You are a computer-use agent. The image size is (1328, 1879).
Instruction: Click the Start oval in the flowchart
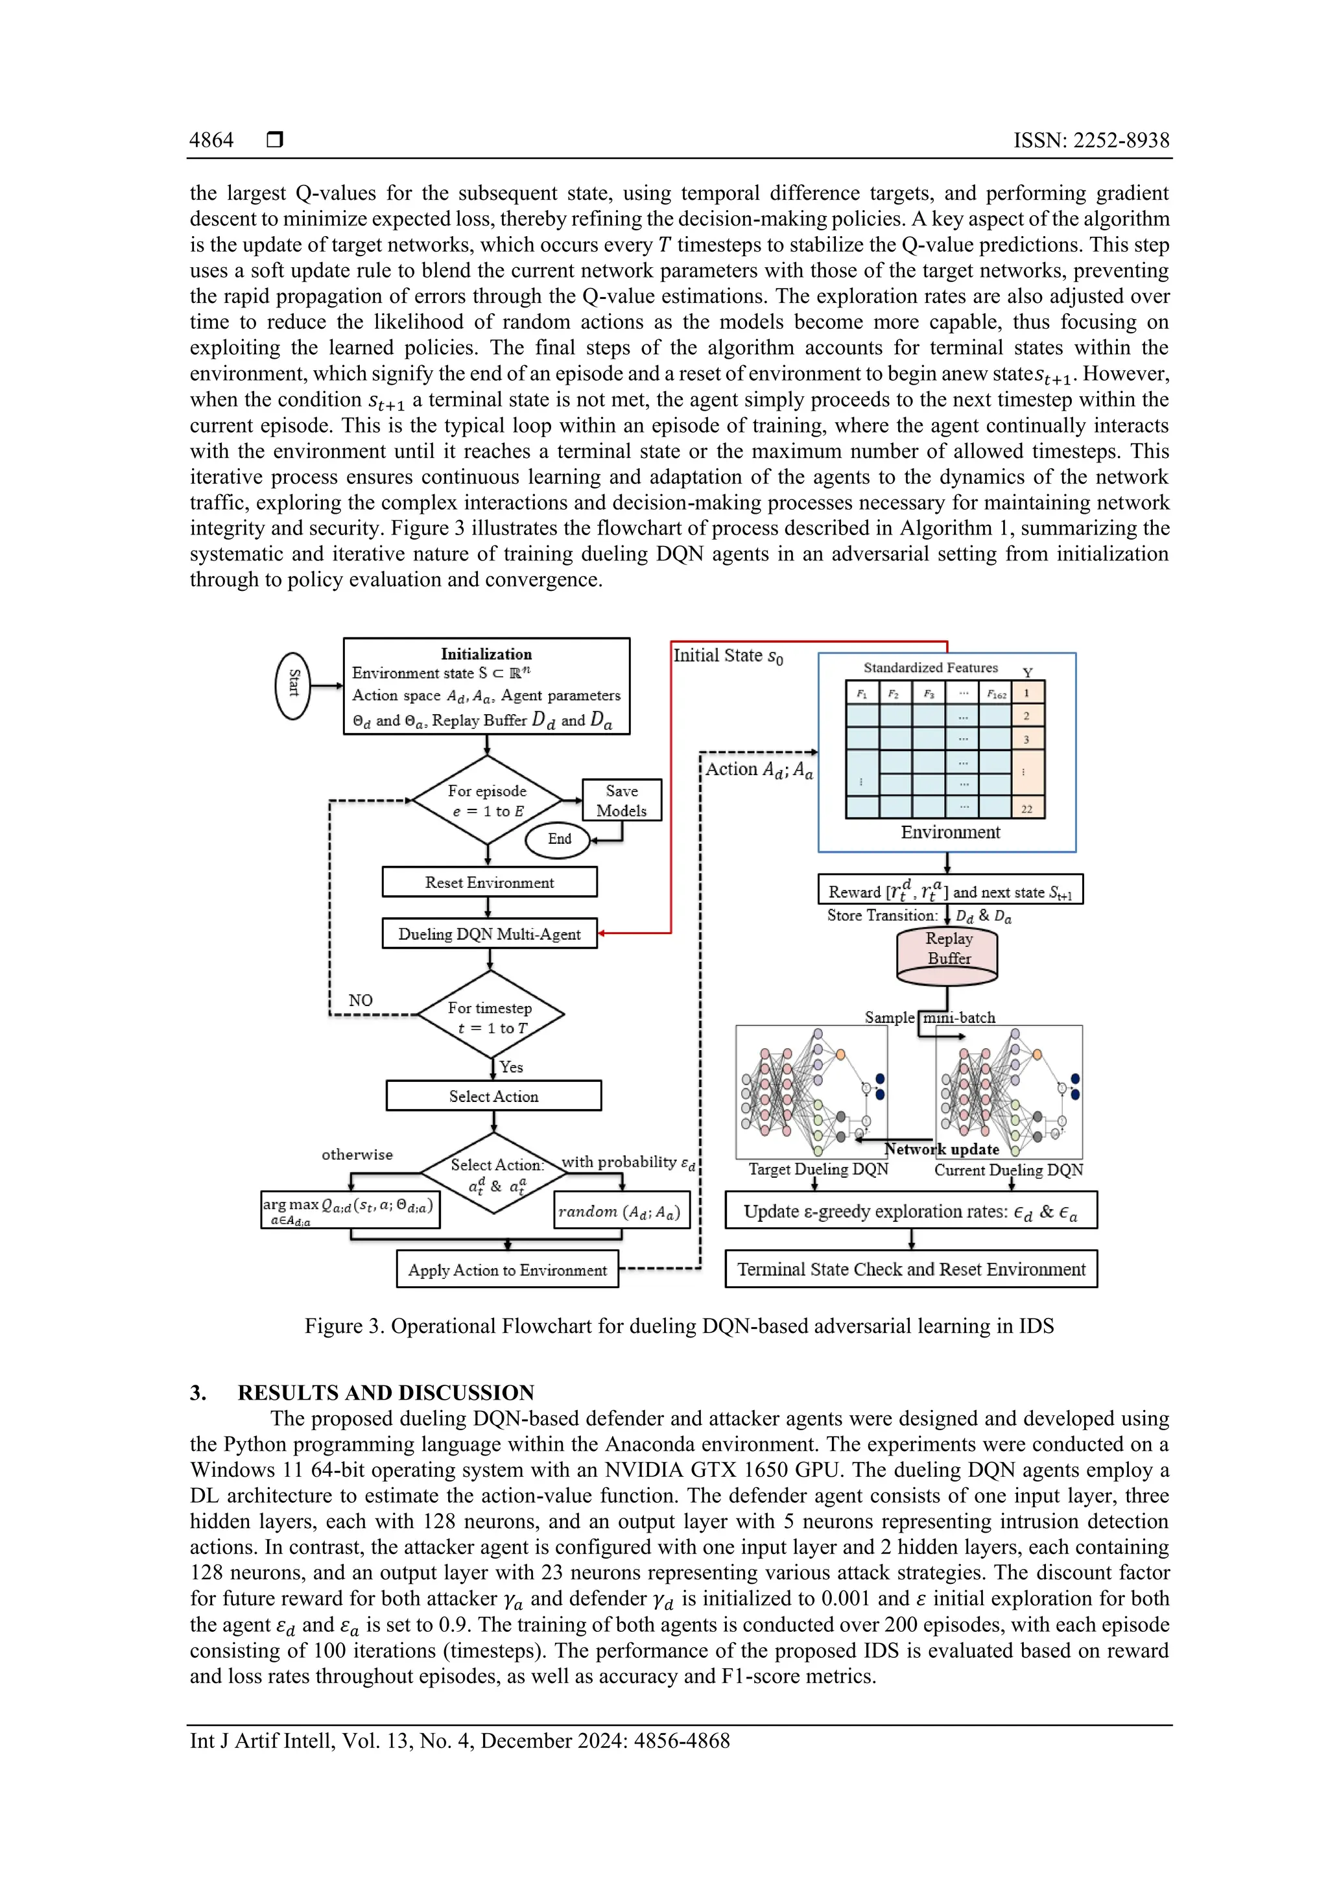292,686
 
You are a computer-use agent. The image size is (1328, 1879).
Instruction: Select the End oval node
559,839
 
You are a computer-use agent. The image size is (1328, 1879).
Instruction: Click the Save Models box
621,800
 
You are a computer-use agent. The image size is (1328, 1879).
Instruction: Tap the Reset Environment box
490,882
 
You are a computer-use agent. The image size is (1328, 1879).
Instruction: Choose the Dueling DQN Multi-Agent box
490,934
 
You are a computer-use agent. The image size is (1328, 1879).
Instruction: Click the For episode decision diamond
488,800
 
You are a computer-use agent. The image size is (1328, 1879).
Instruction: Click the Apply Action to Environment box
507,1269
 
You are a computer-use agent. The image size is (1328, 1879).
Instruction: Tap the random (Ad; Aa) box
621,1211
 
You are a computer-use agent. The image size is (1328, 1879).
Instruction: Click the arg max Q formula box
350,1210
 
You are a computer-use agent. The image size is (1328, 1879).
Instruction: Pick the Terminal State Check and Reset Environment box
910,1269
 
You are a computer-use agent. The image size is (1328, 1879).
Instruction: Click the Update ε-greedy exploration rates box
910,1211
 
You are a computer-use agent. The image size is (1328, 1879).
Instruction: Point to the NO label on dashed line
360,1000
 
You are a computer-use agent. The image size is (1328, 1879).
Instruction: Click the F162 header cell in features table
996,694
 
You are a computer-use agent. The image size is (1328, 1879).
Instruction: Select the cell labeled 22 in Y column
1027,809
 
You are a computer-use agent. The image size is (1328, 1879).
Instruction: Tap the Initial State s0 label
728,656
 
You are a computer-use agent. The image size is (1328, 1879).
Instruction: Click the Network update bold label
942,1149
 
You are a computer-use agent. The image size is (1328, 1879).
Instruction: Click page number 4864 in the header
211,140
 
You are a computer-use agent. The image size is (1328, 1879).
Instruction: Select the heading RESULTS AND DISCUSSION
385,1393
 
